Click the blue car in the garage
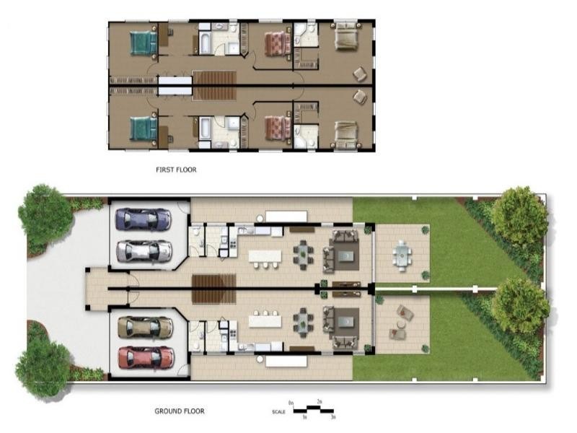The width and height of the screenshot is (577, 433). pos(144,219)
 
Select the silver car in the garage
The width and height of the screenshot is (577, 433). pos(144,250)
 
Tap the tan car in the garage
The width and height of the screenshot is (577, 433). pos(145,327)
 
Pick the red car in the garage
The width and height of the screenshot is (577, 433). pos(146,357)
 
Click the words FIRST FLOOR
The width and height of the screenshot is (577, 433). pos(176,170)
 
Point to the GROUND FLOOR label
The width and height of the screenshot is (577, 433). pos(179,411)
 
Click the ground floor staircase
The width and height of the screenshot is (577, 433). pos(213,289)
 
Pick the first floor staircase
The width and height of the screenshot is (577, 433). pos(214,85)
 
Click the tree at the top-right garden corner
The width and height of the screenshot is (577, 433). pos(519,214)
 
